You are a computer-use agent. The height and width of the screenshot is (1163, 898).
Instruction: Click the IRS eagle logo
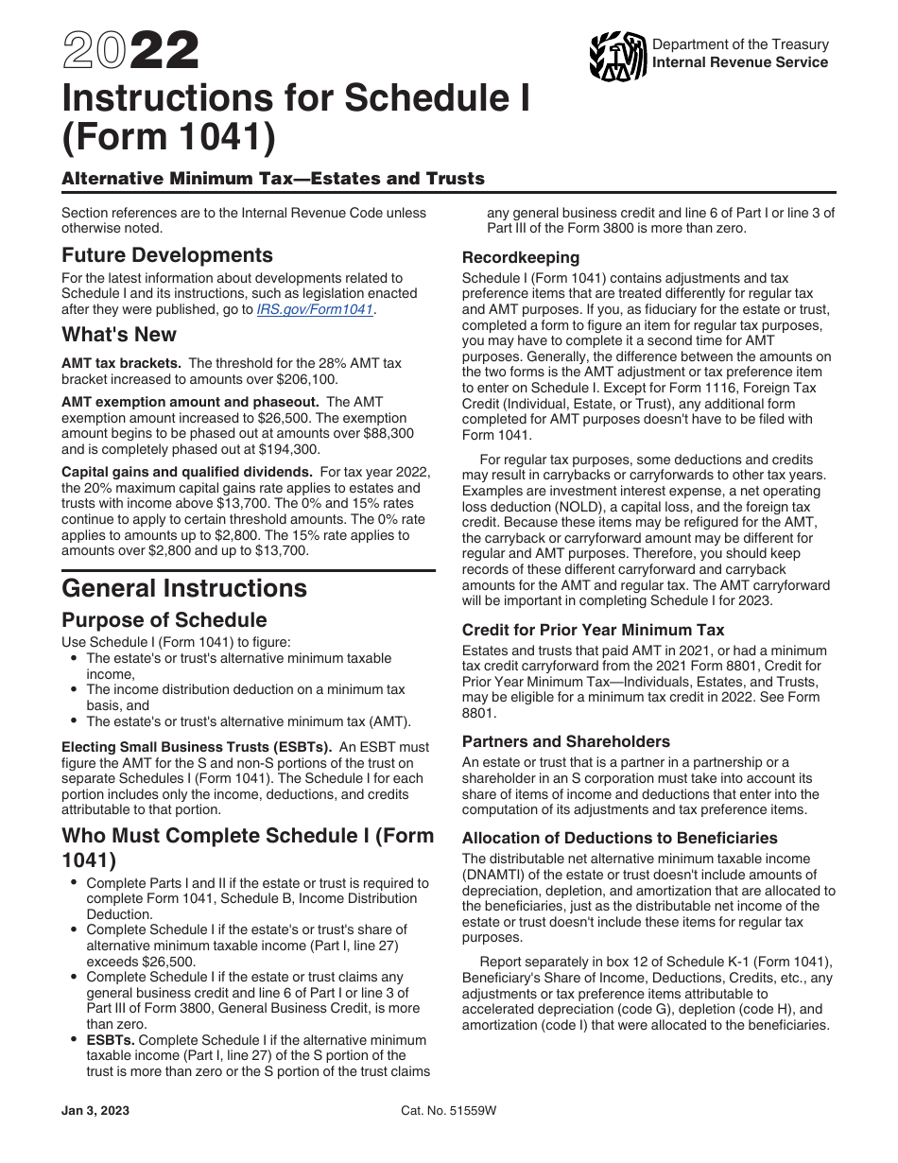(617, 56)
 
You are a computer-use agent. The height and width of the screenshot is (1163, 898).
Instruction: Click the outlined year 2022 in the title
(131, 51)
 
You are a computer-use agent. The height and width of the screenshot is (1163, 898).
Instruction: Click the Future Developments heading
(167, 255)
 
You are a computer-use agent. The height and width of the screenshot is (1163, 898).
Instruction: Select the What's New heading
(119, 335)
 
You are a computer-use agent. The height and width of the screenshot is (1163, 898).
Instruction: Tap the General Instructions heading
(184, 588)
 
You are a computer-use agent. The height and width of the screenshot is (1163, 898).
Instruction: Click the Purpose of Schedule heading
(164, 620)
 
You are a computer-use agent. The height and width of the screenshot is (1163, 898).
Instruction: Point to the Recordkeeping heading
(521, 257)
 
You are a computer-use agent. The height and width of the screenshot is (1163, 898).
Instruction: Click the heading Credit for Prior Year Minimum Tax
(594, 630)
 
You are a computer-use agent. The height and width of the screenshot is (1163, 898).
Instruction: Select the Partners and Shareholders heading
(566, 741)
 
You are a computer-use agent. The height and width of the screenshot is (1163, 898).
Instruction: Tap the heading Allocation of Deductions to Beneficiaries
(620, 838)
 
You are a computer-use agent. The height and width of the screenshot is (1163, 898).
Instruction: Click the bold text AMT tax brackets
(120, 363)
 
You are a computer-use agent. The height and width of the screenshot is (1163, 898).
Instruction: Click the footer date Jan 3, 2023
(95, 1111)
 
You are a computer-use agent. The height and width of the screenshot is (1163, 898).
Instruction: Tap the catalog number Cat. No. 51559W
(448, 1111)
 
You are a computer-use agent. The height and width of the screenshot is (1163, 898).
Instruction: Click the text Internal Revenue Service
(740, 62)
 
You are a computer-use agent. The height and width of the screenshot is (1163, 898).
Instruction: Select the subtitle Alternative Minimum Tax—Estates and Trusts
(273, 179)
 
